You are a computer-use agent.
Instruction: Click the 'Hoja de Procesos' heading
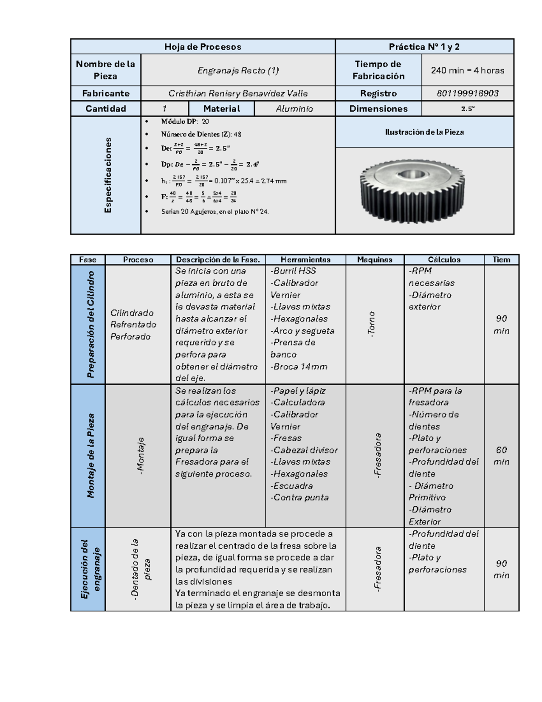click(x=202, y=47)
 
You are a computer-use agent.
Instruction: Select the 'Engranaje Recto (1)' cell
click(x=238, y=71)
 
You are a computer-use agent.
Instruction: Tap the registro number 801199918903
click(x=467, y=94)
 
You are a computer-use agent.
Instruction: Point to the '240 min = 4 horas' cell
click(x=467, y=71)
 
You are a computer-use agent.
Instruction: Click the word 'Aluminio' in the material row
click(x=294, y=109)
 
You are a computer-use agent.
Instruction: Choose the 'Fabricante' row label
click(x=106, y=94)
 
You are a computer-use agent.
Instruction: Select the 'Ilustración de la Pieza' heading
click(x=424, y=132)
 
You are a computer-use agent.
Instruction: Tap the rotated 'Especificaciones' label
click(x=108, y=175)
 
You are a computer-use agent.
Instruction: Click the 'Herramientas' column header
click(x=305, y=260)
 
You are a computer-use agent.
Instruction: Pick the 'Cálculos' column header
click(x=444, y=260)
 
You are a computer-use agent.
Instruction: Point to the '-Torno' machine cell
click(x=372, y=324)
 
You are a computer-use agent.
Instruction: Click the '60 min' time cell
click(x=501, y=456)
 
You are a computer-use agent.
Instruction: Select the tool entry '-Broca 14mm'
click(x=299, y=367)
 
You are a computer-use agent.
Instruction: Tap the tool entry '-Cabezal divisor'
click(x=304, y=450)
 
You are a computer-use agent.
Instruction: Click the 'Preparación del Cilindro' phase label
click(x=91, y=324)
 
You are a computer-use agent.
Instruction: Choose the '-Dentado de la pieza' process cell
click(x=140, y=569)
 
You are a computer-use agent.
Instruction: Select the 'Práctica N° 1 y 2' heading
click(x=424, y=47)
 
